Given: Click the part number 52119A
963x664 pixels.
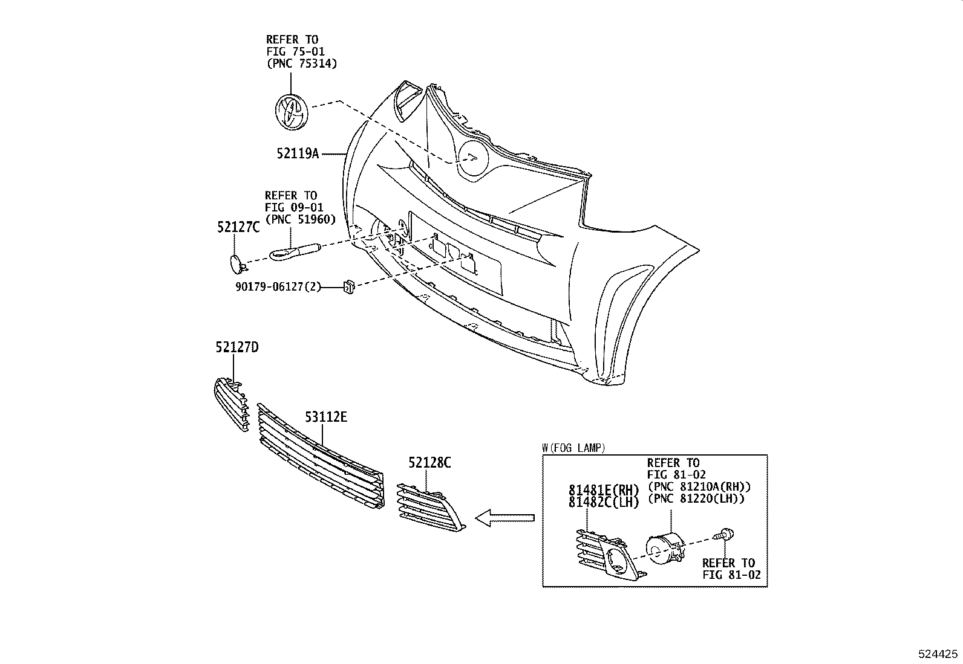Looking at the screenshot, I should pos(298,153).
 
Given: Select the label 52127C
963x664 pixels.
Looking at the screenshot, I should pos(238,227).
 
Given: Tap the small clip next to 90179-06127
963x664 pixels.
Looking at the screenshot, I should pos(349,286).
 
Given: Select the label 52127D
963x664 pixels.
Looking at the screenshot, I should pos(237,347).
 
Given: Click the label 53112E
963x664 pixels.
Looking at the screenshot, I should pos(326,417).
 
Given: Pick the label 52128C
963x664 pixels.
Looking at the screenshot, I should pos(429,463).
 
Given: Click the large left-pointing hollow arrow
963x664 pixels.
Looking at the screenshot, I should pos(504,518).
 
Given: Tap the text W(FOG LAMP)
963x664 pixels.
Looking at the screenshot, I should pos(573,448).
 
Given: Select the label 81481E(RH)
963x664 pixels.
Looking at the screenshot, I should pos(603,490).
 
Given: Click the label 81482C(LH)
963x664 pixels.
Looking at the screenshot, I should pos(603,502).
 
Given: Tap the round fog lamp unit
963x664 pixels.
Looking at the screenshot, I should pos(666,547).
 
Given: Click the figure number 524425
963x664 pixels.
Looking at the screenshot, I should pos(938,654).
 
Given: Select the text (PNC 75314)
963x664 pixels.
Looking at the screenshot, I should pos(302,63).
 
